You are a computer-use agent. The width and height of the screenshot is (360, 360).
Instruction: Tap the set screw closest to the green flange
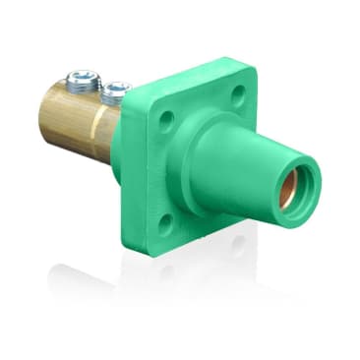[115, 90]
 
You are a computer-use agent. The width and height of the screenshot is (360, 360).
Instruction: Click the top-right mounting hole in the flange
[239, 95]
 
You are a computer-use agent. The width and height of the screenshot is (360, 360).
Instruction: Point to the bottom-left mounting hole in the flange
[166, 218]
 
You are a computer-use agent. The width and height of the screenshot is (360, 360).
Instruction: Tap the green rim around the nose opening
[301, 182]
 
